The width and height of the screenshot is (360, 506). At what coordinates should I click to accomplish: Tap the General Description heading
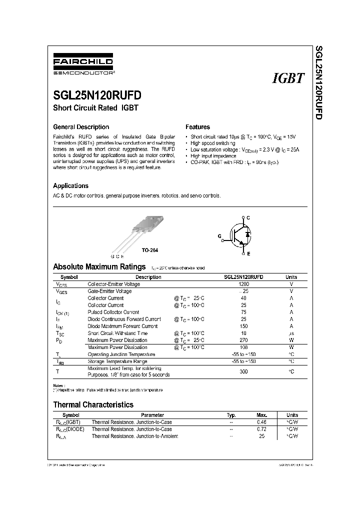point(81,127)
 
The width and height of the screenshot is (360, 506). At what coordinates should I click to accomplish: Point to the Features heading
point(197,127)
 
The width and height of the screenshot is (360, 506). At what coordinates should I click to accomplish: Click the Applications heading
point(70,185)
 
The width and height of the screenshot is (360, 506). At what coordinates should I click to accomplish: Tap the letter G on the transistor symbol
point(218,235)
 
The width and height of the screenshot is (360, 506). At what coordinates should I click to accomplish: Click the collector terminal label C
point(248,217)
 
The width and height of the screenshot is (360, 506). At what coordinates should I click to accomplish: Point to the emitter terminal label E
point(248,254)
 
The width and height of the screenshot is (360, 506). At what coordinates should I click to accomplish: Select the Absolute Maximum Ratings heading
point(99,267)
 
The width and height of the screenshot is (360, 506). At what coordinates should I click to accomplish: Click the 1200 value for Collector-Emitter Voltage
point(243,284)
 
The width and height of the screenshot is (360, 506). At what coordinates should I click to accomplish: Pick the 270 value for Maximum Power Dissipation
point(243,340)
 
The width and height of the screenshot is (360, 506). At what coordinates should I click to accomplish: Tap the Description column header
point(148,277)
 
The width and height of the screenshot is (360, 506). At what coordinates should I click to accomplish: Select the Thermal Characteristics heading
point(93,404)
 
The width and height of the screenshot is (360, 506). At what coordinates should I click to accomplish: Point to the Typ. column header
point(231,415)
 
